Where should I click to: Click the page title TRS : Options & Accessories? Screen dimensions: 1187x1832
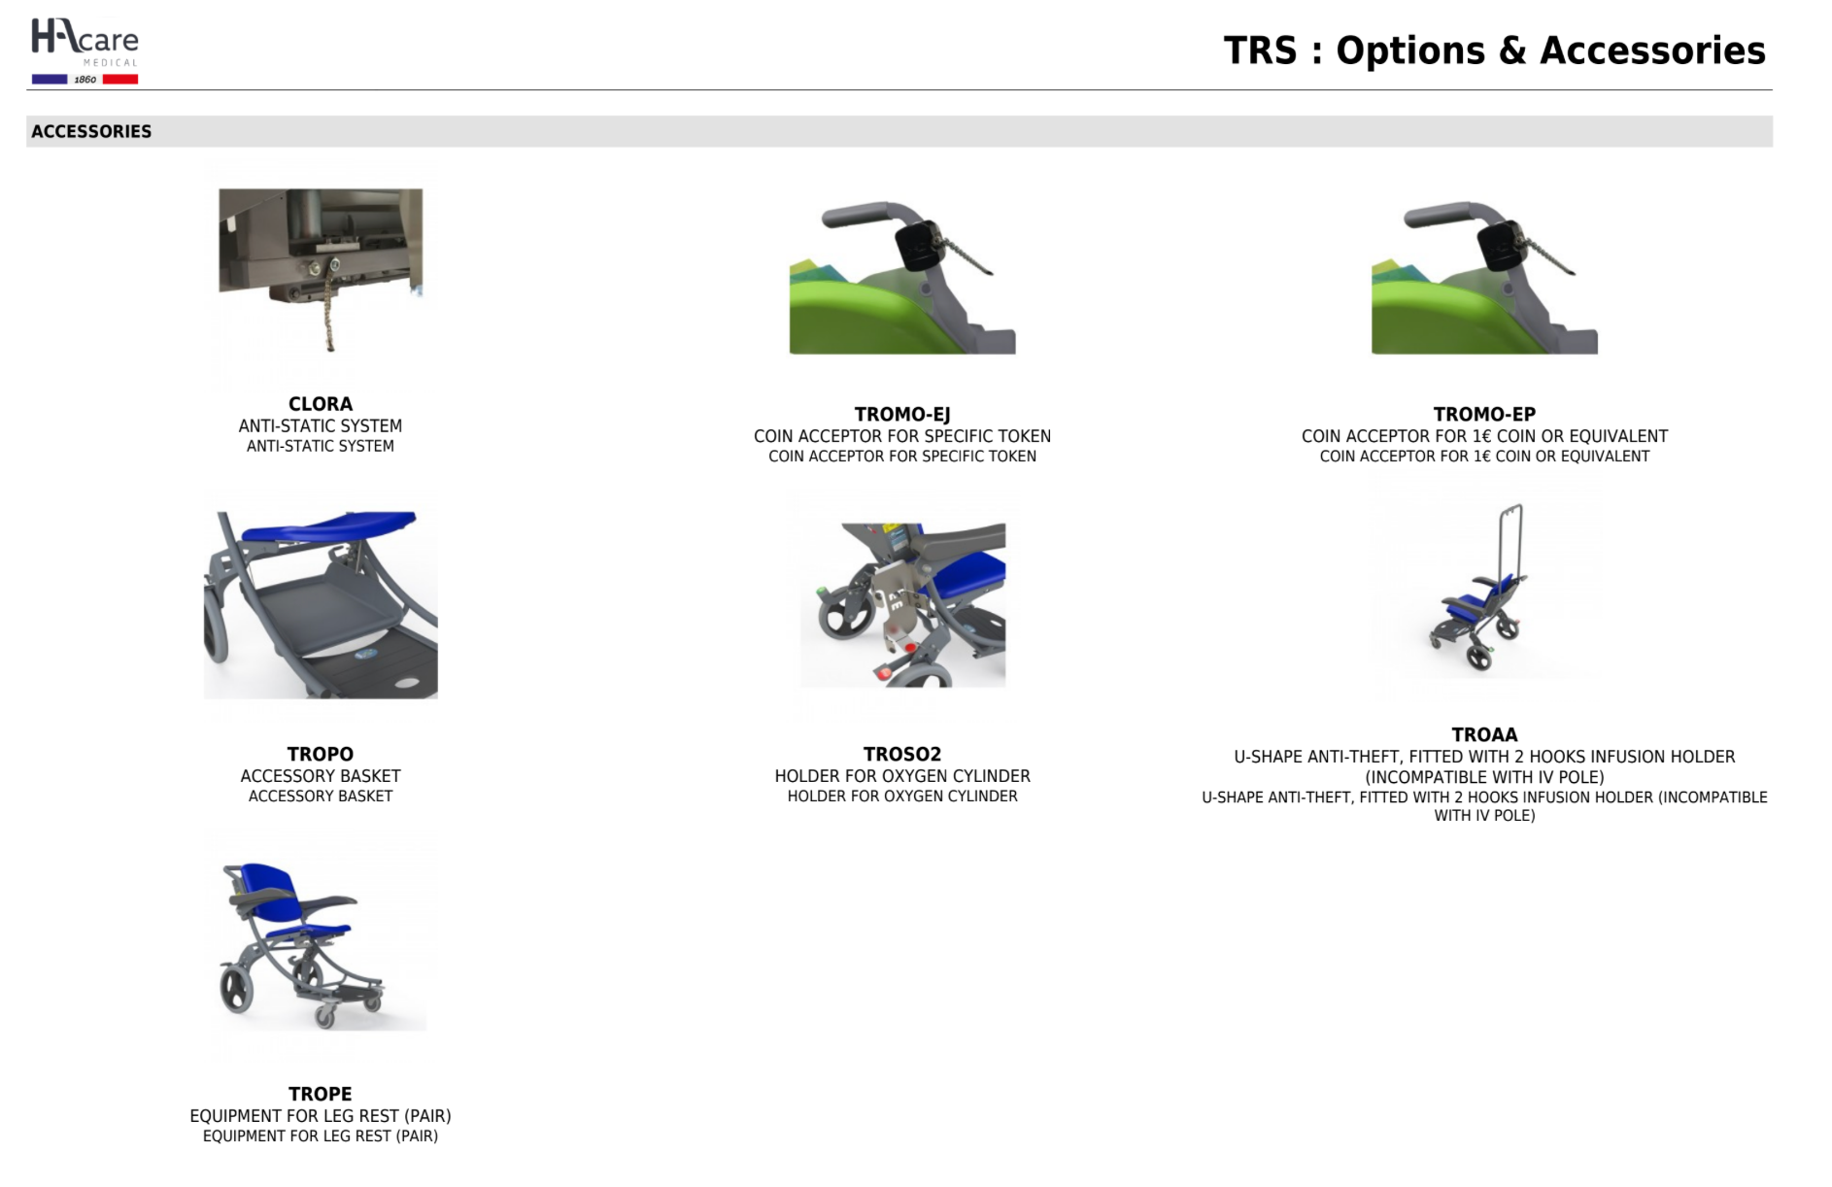click(x=1493, y=51)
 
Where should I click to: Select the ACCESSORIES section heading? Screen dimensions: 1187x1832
click(x=91, y=131)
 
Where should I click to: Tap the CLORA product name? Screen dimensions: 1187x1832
click(x=320, y=404)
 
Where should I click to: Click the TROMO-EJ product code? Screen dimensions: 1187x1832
click(x=901, y=415)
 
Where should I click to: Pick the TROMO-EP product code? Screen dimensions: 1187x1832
click(x=1483, y=415)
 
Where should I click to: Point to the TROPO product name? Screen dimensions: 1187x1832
click(x=320, y=754)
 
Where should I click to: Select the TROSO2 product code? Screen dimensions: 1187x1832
click(x=901, y=754)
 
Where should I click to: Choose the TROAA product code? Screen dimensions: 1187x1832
click(x=1483, y=735)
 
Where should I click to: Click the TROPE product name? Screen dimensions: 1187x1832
click(x=320, y=1094)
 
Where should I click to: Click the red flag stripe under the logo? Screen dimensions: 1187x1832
click(x=119, y=80)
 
